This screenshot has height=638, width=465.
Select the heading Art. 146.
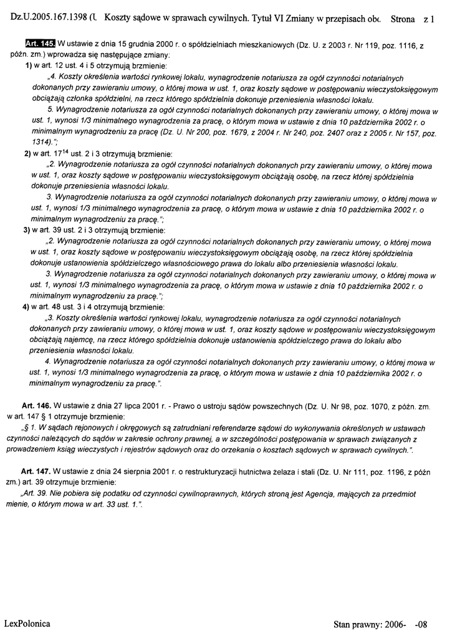36,406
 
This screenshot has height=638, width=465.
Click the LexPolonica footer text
27,623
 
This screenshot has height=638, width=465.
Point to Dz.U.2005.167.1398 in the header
52,19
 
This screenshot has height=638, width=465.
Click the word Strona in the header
403,19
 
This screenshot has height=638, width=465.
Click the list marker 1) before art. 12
28,66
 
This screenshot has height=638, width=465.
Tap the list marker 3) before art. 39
28,230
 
